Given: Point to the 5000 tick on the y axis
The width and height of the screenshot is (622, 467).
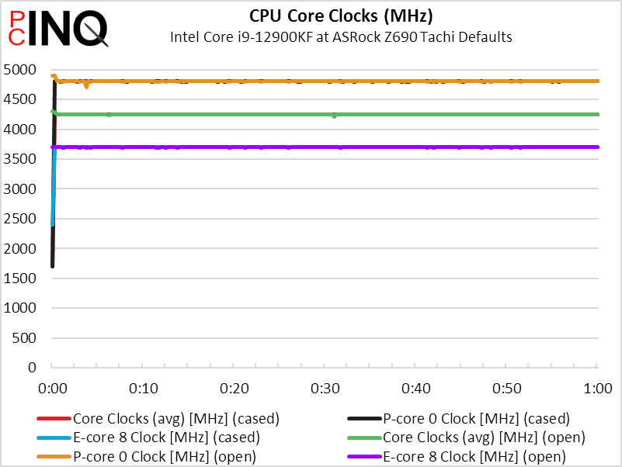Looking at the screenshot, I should pos(21,70).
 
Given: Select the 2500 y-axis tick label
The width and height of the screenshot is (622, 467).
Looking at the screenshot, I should pos(21,219).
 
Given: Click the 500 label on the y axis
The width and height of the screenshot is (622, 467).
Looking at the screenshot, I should pos(26,337).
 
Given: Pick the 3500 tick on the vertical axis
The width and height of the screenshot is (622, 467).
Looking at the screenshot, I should pos(21,159).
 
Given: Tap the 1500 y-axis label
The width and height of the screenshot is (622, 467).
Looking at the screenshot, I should pos(21,278).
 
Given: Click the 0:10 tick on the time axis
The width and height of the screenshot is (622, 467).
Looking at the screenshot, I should pos(143,388).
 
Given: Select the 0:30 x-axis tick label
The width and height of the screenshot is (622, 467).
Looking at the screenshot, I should pos(325,388).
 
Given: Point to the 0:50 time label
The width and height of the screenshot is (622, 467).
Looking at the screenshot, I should pos(507,388).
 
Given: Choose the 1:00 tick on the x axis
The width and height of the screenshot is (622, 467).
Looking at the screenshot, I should pos(597,388).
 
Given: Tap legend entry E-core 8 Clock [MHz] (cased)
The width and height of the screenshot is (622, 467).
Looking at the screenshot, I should pos(166,438).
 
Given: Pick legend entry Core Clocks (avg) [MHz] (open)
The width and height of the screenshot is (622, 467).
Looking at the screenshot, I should pos(484,438).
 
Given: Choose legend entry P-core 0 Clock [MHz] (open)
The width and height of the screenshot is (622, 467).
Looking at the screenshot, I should pos(164,456).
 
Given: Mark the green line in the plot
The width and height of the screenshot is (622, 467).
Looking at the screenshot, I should pos(388,114).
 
